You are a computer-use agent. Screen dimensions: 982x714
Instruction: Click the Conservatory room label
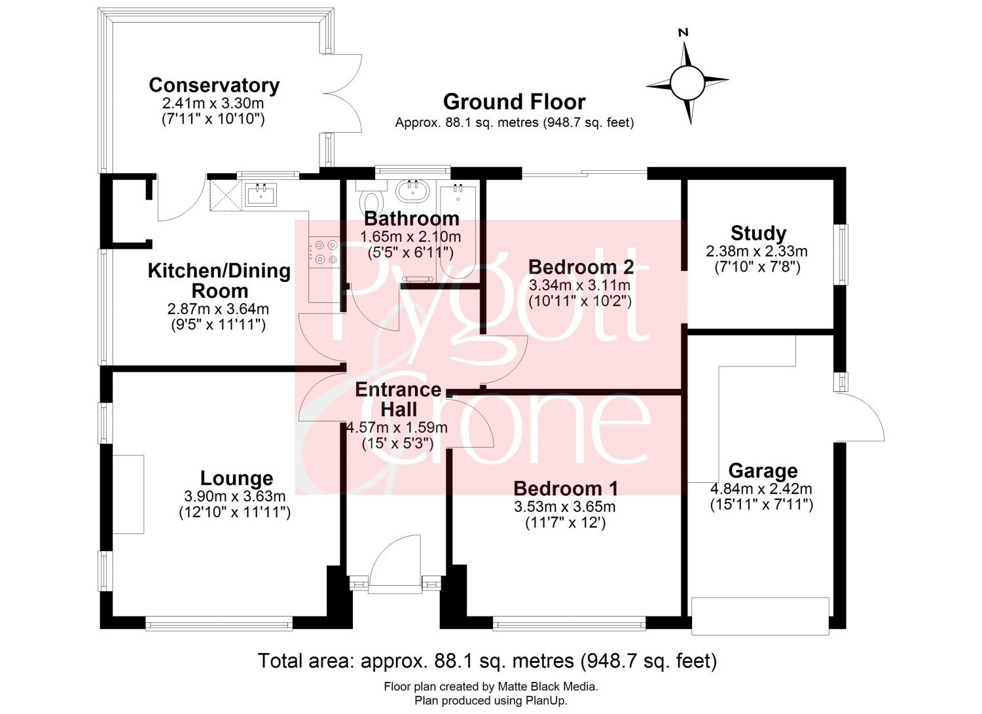point(214,85)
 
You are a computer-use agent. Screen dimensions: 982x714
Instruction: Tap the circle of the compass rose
point(687,83)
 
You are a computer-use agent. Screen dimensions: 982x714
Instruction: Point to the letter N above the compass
point(683,33)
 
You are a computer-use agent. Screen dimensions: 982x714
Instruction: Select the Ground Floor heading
point(514,101)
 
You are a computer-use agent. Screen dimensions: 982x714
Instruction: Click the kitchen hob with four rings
point(325,253)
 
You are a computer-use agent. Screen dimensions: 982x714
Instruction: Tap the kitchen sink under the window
point(261,194)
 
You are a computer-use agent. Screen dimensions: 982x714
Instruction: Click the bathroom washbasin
point(413,190)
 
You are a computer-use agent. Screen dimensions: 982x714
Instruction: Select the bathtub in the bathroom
point(458,232)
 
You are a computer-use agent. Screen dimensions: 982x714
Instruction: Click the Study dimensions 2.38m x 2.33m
point(757,251)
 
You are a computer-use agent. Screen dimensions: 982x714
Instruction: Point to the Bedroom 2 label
point(581,267)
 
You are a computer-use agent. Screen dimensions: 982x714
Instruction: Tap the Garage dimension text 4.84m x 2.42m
point(761,489)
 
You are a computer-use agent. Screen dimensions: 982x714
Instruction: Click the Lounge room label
point(237,478)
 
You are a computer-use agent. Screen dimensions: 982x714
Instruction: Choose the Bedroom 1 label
point(566,488)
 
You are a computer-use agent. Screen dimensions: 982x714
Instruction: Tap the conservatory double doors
point(343,94)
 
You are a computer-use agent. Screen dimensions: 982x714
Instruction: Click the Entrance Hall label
point(398,399)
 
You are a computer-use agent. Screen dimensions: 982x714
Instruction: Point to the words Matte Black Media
point(547,687)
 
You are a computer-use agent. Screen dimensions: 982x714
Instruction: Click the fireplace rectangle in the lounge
point(128,494)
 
